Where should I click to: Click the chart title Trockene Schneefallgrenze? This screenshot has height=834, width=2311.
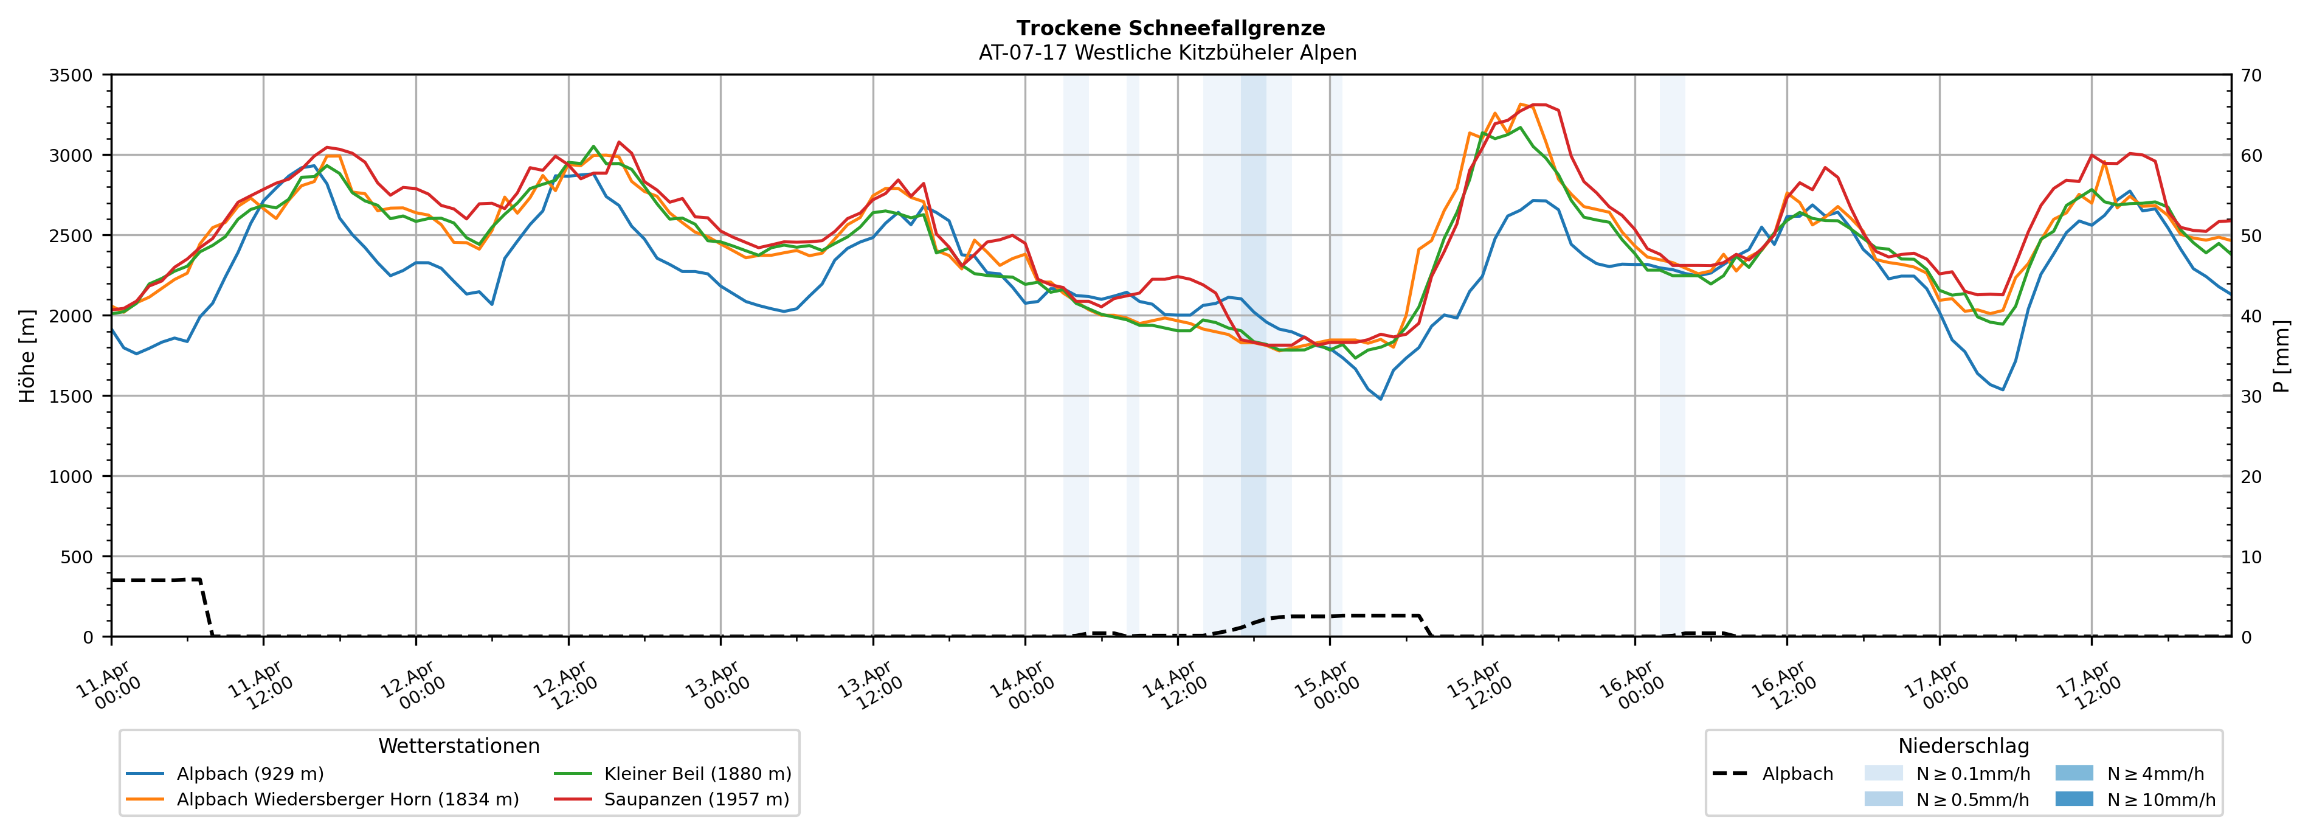[1170, 29]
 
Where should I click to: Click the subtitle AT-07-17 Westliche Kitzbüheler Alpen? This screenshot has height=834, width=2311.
[1167, 53]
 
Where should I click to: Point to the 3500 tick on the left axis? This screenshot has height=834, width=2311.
[71, 75]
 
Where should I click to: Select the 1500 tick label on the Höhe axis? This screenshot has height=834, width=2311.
[71, 397]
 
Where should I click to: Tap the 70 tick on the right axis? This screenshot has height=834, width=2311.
[2251, 75]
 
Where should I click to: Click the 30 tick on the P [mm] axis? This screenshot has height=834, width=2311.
[2251, 397]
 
